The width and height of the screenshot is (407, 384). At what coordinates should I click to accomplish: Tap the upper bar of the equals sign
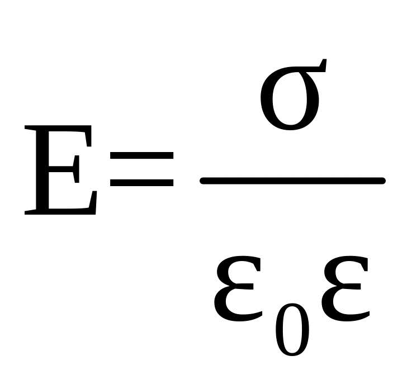click(142, 164)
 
